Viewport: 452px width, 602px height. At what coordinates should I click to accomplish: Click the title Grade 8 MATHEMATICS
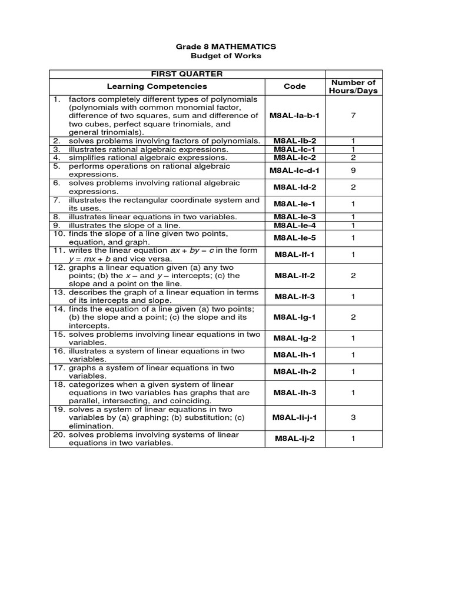[x=226, y=46]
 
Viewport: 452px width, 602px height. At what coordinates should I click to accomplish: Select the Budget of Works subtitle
[x=226, y=56]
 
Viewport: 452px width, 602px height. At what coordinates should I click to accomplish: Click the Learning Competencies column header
[x=157, y=86]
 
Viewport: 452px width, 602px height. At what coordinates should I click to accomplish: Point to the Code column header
[x=294, y=86]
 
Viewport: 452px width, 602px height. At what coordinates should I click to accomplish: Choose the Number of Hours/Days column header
[x=353, y=86]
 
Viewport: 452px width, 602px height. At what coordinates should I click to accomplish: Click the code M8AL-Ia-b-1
[x=294, y=116]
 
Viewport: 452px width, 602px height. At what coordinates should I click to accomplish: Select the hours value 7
[x=353, y=116]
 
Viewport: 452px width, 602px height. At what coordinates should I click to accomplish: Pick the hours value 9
[x=353, y=170]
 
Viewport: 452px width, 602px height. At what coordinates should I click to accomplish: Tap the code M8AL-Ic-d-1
[x=294, y=170]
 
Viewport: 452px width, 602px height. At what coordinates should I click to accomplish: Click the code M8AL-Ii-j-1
[x=294, y=417]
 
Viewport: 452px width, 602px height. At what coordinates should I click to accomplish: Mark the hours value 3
[x=353, y=417]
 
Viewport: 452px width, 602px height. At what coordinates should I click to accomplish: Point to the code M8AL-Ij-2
[x=294, y=439]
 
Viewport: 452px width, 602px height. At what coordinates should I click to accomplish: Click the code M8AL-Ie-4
[x=294, y=225]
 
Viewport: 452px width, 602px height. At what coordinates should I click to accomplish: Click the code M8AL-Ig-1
[x=294, y=317]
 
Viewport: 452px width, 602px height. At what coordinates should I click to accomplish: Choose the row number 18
[x=59, y=384]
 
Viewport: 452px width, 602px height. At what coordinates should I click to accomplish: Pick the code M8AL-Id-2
[x=294, y=187]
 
